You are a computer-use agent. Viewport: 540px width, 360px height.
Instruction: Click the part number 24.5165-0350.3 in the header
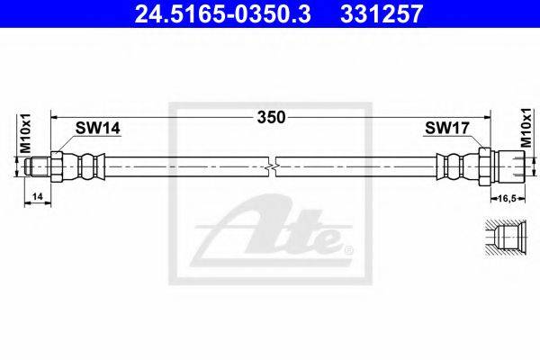click(222, 13)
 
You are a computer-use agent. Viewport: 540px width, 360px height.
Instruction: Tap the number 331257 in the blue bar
click(382, 13)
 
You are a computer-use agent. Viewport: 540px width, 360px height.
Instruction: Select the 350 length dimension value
click(272, 118)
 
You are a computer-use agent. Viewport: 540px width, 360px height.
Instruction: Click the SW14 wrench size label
click(98, 128)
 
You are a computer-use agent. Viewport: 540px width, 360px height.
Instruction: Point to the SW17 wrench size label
click(447, 128)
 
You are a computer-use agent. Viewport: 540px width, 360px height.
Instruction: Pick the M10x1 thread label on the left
click(25, 133)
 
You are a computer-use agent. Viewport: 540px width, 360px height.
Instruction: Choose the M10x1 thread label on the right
click(526, 128)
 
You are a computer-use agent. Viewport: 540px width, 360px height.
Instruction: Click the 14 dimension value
click(37, 196)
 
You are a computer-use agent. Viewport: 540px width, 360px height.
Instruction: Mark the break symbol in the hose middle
click(272, 167)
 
